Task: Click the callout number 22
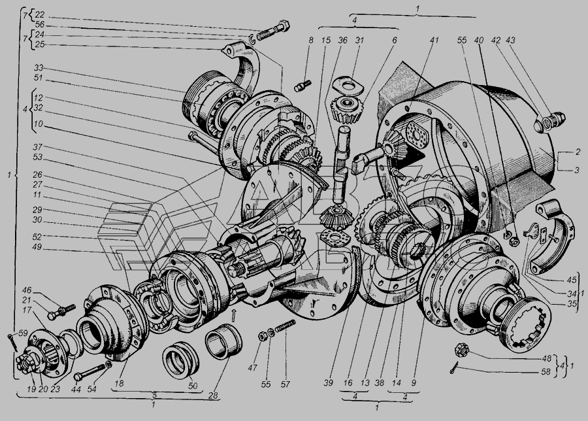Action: click(39, 15)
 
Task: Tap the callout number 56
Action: click(39, 25)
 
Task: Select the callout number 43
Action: click(511, 39)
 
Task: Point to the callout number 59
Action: click(24, 333)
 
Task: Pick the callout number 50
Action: click(193, 386)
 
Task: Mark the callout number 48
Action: click(546, 359)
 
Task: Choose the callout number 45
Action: click(571, 280)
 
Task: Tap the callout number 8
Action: click(310, 39)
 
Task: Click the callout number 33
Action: click(39, 68)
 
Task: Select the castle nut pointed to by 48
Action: click(461, 350)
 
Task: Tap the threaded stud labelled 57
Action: click(286, 326)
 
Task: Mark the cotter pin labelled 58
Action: click(455, 367)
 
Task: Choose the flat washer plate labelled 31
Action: click(348, 86)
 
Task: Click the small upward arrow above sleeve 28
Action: click(234, 316)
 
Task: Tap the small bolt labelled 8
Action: click(302, 86)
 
